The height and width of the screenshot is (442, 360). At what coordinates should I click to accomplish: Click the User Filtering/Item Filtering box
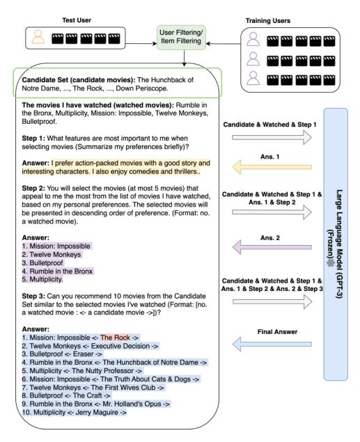181,37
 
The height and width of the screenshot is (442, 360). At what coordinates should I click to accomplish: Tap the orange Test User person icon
38,37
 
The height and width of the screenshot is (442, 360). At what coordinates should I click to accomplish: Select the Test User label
77,20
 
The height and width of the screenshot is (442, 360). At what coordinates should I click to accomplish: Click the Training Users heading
268,21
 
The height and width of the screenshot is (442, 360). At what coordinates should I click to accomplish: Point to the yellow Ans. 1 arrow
272,167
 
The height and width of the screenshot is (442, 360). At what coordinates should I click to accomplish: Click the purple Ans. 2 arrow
272,247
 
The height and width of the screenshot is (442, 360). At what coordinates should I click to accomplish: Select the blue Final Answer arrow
272,344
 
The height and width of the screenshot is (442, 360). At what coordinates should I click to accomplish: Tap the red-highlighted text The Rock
115,338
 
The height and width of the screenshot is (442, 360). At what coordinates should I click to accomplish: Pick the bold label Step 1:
33,139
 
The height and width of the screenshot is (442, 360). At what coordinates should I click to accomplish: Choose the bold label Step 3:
33,296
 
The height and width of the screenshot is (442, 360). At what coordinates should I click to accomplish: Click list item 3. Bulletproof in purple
42,262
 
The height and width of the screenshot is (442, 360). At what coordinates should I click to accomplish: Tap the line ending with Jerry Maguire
75,412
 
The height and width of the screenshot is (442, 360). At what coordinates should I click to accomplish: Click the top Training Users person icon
253,39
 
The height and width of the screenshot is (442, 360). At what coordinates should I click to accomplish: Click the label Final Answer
277,332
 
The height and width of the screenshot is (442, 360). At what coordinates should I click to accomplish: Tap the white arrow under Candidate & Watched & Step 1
272,138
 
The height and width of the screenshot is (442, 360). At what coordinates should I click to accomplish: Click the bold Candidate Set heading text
79,80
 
